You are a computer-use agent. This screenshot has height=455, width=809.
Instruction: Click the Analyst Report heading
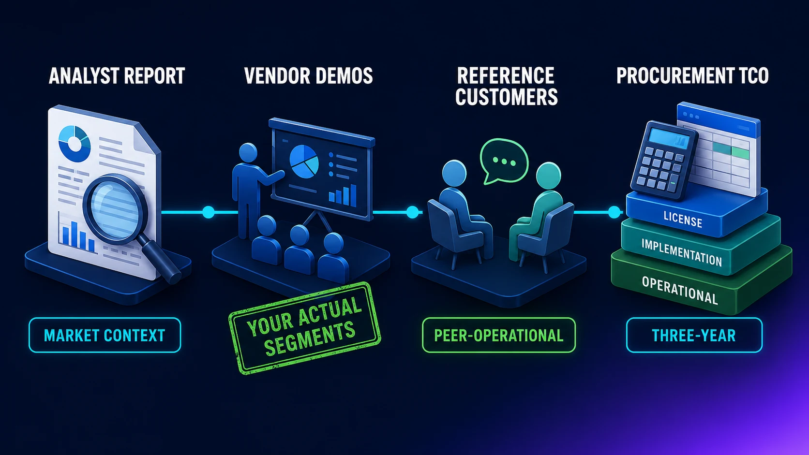pos(117,76)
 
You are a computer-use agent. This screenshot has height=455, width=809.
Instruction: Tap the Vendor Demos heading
pos(308,76)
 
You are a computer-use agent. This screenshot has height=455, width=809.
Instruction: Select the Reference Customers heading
pos(506,86)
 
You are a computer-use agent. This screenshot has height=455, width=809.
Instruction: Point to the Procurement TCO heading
pos(692,76)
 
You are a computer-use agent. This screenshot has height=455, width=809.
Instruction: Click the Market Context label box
pos(105,335)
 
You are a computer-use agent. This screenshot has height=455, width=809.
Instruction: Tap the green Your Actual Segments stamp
pos(305,328)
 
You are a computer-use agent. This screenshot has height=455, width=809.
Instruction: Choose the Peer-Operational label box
pos(499,335)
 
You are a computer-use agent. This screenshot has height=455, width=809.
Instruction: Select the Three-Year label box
pos(694,335)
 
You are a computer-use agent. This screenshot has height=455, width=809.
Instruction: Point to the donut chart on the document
pos(75,144)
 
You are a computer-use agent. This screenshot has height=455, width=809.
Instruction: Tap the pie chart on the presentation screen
pos(304,161)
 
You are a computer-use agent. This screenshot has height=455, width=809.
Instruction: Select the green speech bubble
pos(504,161)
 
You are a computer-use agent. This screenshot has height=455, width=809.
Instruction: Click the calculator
pos(664,160)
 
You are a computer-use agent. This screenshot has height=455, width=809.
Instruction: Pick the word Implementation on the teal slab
pos(682,252)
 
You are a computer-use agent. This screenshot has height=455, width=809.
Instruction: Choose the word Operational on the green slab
pos(680,290)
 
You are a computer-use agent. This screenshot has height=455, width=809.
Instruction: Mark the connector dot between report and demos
pos(209,212)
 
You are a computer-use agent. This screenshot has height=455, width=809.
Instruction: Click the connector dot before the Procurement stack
pos(614,212)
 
